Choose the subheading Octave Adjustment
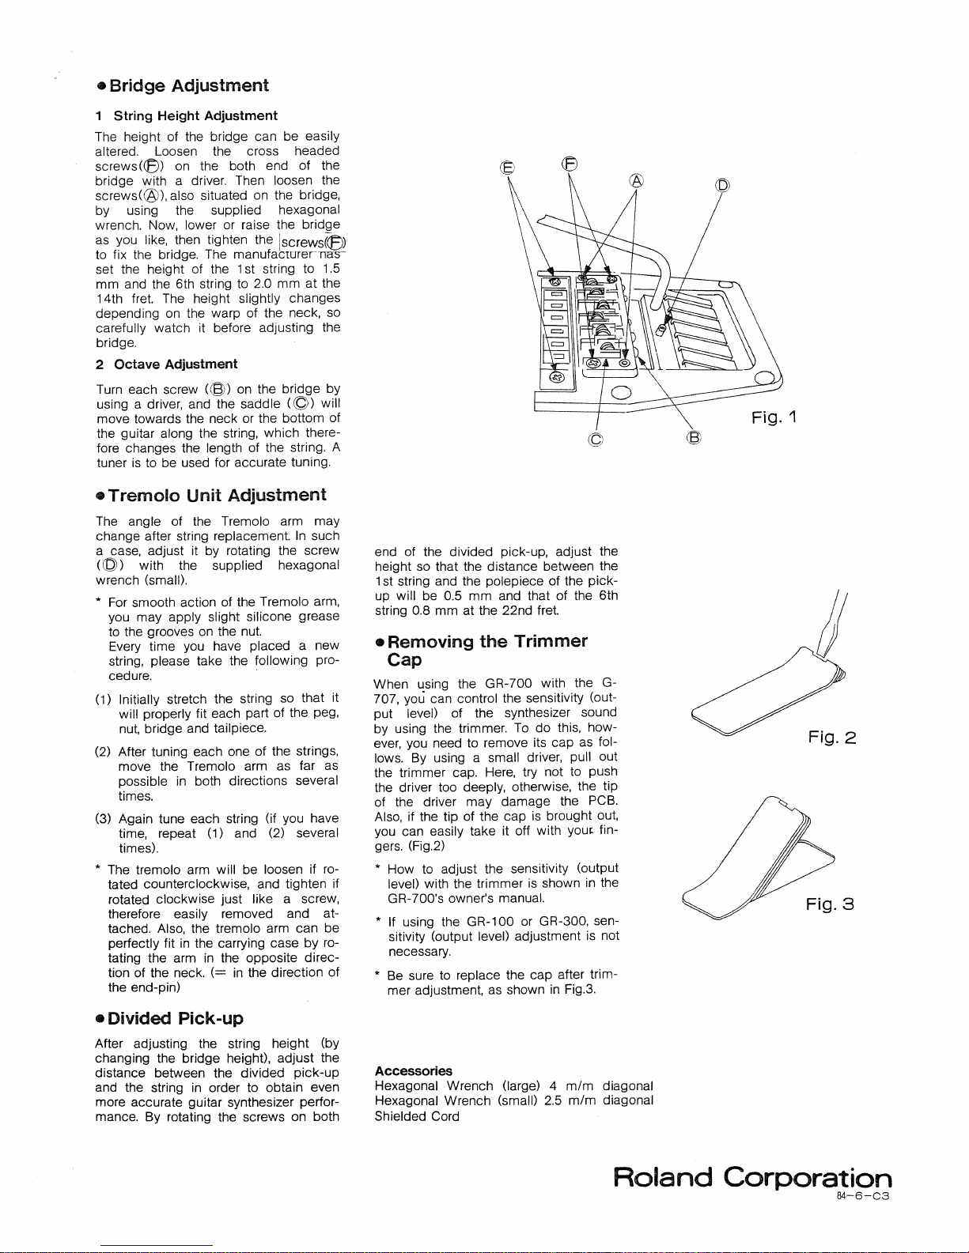point(167,364)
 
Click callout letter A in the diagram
point(637,179)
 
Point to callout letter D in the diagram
point(721,187)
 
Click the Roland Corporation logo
point(752,1178)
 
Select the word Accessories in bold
point(413,1071)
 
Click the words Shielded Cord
point(417,1116)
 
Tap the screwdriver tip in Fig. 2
point(820,651)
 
